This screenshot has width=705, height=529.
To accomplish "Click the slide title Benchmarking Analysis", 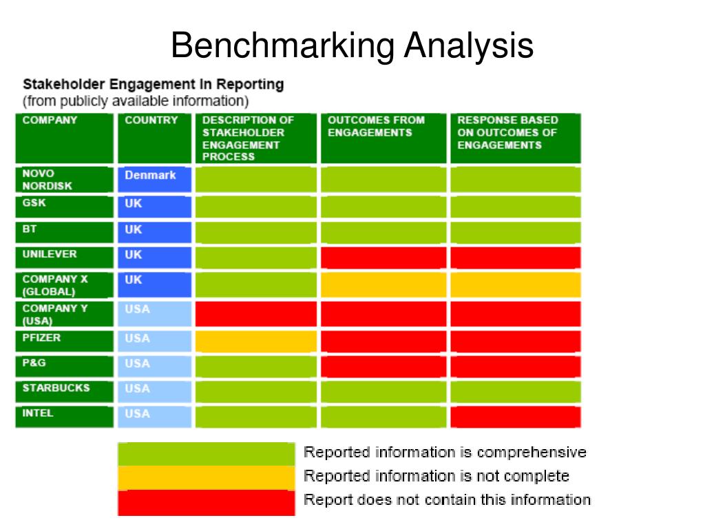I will (x=352, y=46).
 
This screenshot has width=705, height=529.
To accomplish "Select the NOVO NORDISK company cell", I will (x=64, y=180).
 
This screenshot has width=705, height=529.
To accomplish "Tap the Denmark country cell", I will (x=154, y=180).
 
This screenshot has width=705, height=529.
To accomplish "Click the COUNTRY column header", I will (x=154, y=138).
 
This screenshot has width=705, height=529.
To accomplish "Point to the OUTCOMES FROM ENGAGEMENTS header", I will (x=384, y=138).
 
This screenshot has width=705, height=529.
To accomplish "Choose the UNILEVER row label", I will (x=64, y=257).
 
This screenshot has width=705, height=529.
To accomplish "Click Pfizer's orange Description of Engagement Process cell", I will (x=255, y=341).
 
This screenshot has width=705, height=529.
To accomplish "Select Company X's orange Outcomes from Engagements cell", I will (x=384, y=284).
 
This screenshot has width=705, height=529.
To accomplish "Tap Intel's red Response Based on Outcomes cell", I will (x=515, y=417).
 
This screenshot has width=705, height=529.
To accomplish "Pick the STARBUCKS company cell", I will (x=64, y=391).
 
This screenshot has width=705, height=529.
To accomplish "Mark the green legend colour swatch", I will (x=207, y=454).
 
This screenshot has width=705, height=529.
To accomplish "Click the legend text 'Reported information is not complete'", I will (x=436, y=476).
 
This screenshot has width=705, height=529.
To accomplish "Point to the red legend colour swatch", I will (x=207, y=501).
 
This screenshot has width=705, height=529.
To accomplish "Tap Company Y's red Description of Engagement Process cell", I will (x=255, y=313).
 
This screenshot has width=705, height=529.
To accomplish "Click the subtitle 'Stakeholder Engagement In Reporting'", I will (x=153, y=85).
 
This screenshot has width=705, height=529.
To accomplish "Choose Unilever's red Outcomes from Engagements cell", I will (x=384, y=257).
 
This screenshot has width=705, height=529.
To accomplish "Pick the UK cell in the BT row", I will (x=154, y=232).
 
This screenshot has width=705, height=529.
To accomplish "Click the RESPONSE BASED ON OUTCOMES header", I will (x=515, y=138).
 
